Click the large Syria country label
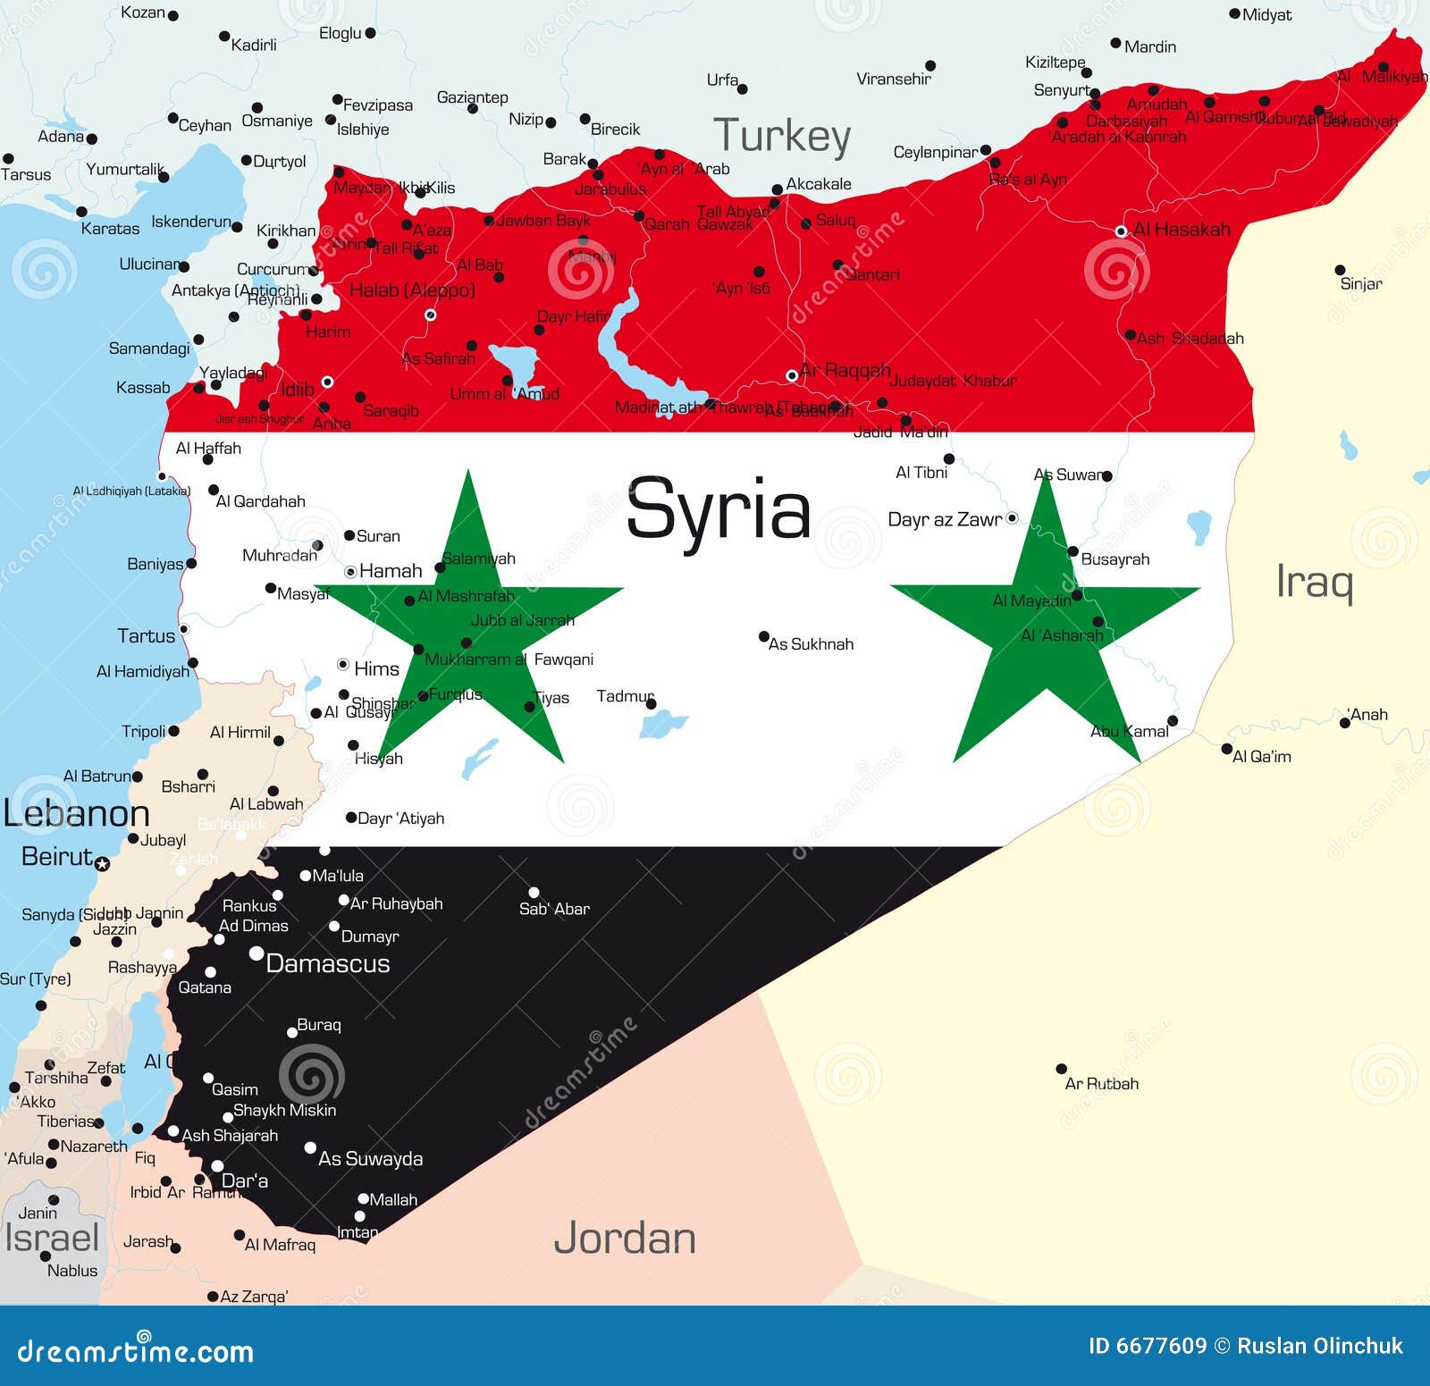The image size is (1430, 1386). tap(719, 510)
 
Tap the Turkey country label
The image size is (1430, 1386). tap(781, 136)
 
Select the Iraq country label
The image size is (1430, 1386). tap(1314, 582)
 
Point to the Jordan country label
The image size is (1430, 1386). tap(625, 1239)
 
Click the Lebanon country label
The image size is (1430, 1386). tap(77, 814)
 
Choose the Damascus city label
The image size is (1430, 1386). tap(327, 964)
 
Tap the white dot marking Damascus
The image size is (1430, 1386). tap(256, 954)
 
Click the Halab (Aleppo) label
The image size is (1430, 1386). tap(411, 290)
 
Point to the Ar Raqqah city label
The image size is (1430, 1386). tap(845, 370)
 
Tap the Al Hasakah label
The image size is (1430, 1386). tap(1182, 230)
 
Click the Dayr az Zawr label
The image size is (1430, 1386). tap(945, 520)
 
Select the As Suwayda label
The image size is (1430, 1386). tap(370, 1159)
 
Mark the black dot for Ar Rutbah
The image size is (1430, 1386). tap(1061, 1069)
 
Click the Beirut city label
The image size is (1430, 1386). tap(56, 857)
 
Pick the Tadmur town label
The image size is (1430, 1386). tap(625, 696)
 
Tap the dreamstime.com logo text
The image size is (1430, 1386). tap(135, 1350)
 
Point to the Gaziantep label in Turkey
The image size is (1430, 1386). tap(472, 97)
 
